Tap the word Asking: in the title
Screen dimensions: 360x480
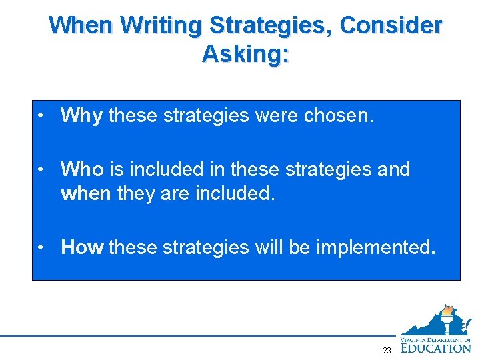pos(245,53)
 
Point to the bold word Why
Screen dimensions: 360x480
pos(81,116)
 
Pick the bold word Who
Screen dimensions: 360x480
pos(81,169)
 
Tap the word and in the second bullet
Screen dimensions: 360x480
pos(393,169)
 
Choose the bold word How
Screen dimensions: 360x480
pos(82,247)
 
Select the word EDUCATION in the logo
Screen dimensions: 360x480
pos(437,347)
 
